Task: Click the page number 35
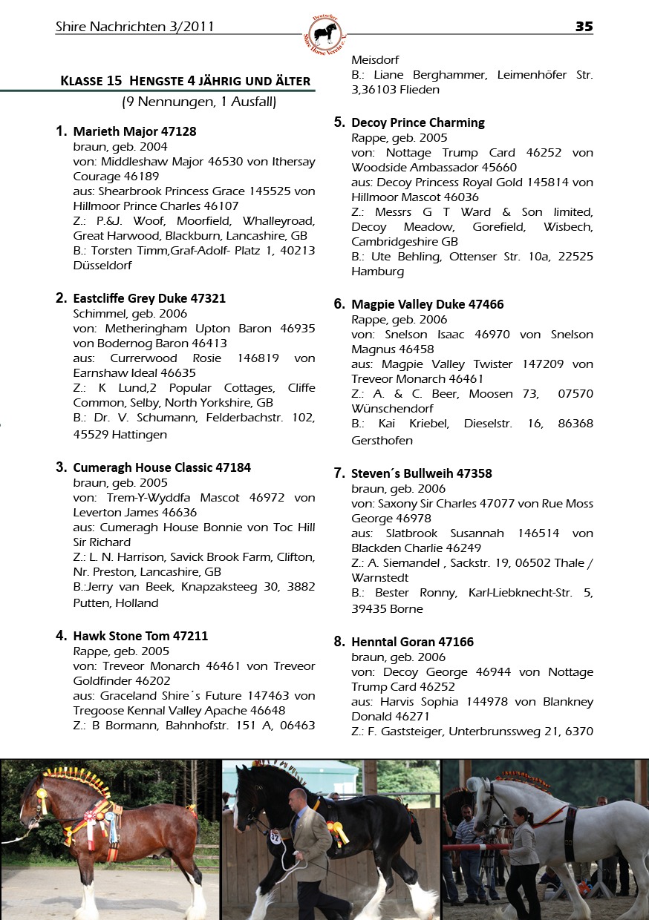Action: [584, 27]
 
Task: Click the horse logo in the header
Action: [324, 34]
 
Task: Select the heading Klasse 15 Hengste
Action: [185, 80]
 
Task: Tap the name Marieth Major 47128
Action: [134, 131]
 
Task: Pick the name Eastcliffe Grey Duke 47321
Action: [149, 298]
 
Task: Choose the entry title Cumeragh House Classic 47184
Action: [162, 467]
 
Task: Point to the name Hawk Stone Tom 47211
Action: [140, 636]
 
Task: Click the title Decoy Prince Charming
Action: [418, 122]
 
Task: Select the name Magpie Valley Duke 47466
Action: [428, 304]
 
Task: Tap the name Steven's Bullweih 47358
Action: [422, 473]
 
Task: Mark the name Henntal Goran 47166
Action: [412, 642]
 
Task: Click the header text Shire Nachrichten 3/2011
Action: [134, 27]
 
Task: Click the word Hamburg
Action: [377, 272]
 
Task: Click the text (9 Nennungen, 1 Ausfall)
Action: [199, 102]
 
